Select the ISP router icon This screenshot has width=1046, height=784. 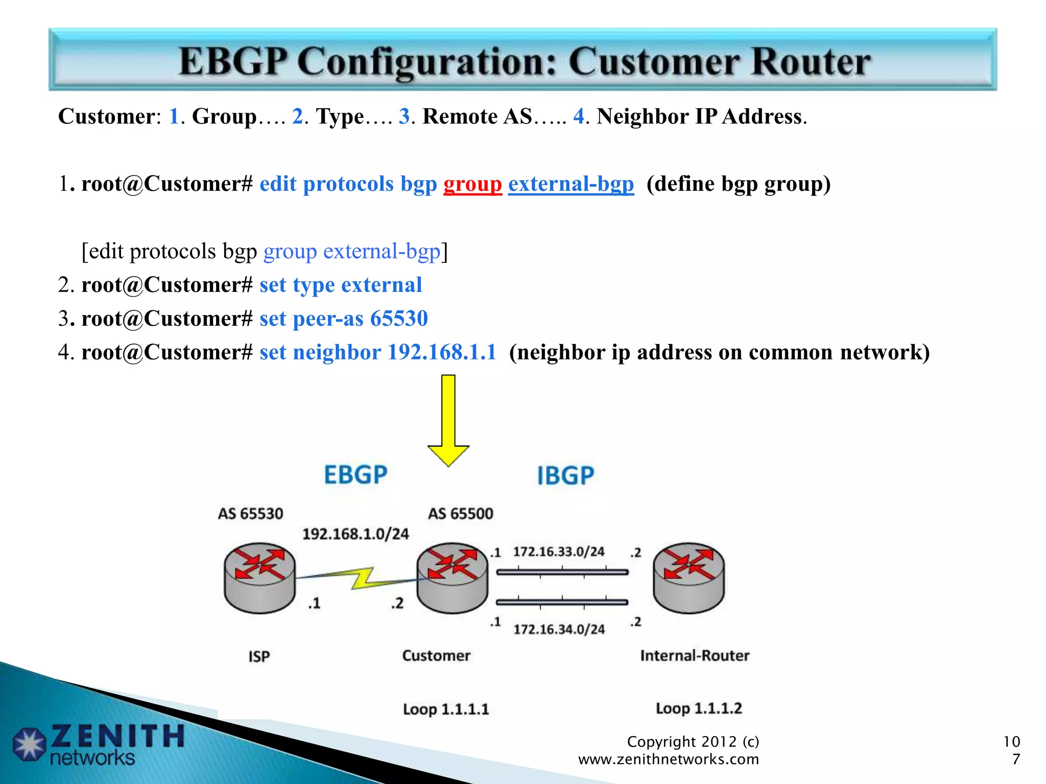coord(259,577)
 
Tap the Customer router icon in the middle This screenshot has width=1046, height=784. coord(452,577)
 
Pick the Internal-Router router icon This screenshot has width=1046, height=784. coord(688,577)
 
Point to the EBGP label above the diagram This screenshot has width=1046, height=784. coord(355,475)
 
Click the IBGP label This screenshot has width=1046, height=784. coord(565,476)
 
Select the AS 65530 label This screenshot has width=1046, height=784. coord(250,513)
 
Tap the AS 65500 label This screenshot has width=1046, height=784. coord(460,513)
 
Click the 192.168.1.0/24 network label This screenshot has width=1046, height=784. coord(355,534)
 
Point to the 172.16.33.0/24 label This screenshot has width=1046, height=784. coord(558,552)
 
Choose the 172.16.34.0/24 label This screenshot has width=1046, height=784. coord(559,629)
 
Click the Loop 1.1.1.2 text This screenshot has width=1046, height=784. coord(698,708)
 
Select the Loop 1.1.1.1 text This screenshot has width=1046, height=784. coord(445,709)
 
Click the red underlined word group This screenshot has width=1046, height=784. coord(472,184)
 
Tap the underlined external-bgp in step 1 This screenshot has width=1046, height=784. coord(570,184)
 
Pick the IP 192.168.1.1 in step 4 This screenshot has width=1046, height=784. coord(442,352)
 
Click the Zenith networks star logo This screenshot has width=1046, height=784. coord(29,744)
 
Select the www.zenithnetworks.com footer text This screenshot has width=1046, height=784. coord(668,759)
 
